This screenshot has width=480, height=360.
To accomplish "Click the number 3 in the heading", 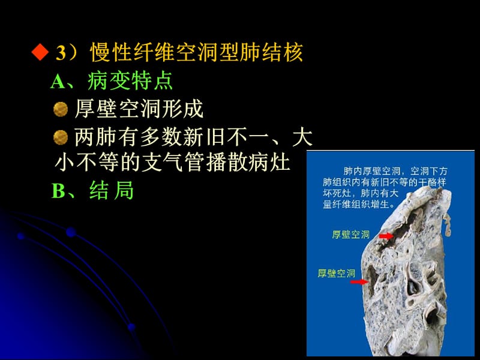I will click(60, 54).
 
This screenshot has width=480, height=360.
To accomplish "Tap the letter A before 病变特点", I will click(58, 82).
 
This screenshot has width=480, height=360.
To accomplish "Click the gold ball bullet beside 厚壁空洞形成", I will click(60, 109).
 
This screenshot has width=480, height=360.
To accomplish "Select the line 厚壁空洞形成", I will click(139, 109).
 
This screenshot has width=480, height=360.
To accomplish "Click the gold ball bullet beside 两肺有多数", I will click(60, 137).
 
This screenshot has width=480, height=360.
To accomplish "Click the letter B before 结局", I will click(58, 191).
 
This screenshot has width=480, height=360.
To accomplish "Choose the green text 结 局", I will click(112, 191).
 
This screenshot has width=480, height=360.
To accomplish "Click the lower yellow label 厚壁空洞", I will click(337, 273).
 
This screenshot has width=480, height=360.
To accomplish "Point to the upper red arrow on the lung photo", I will click(386, 236).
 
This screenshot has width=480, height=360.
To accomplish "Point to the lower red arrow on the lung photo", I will click(359, 281).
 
